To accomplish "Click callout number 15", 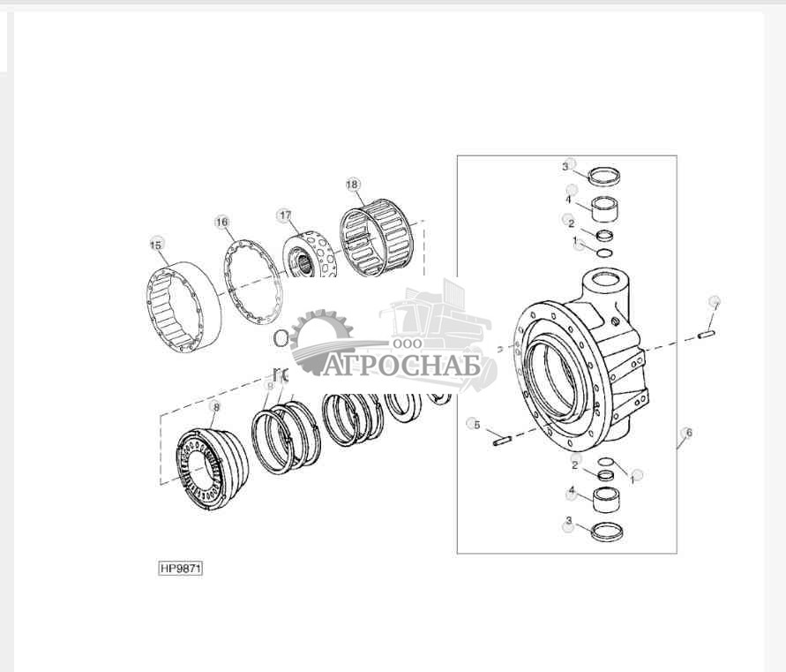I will pyautogui.click(x=156, y=244).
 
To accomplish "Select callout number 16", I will pyautogui.click(x=221, y=222).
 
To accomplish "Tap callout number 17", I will pyautogui.click(x=284, y=215).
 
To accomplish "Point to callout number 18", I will pyautogui.click(x=352, y=185).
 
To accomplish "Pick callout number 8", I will pyautogui.click(x=214, y=406).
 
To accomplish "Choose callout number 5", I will pyautogui.click(x=475, y=425).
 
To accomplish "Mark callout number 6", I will pyautogui.click(x=687, y=433).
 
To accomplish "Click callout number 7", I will pyautogui.click(x=715, y=304).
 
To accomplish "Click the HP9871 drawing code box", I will pyautogui.click(x=181, y=568).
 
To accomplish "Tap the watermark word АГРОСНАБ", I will pyautogui.click(x=402, y=365).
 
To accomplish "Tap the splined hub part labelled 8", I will pyautogui.click(x=213, y=468).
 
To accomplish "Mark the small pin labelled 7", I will pyautogui.click(x=706, y=334).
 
